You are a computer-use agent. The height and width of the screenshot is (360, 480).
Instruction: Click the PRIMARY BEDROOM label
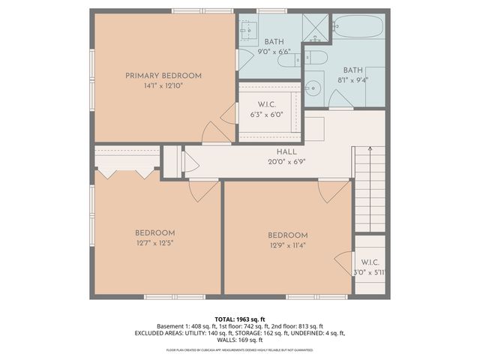[163, 76]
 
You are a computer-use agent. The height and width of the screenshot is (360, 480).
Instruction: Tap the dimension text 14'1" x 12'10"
[163, 86]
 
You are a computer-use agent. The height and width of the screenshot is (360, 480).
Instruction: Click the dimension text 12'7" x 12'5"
[155, 243]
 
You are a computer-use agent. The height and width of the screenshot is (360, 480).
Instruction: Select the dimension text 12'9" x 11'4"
[287, 244]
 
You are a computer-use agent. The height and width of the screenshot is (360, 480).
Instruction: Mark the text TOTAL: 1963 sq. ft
[239, 319]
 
